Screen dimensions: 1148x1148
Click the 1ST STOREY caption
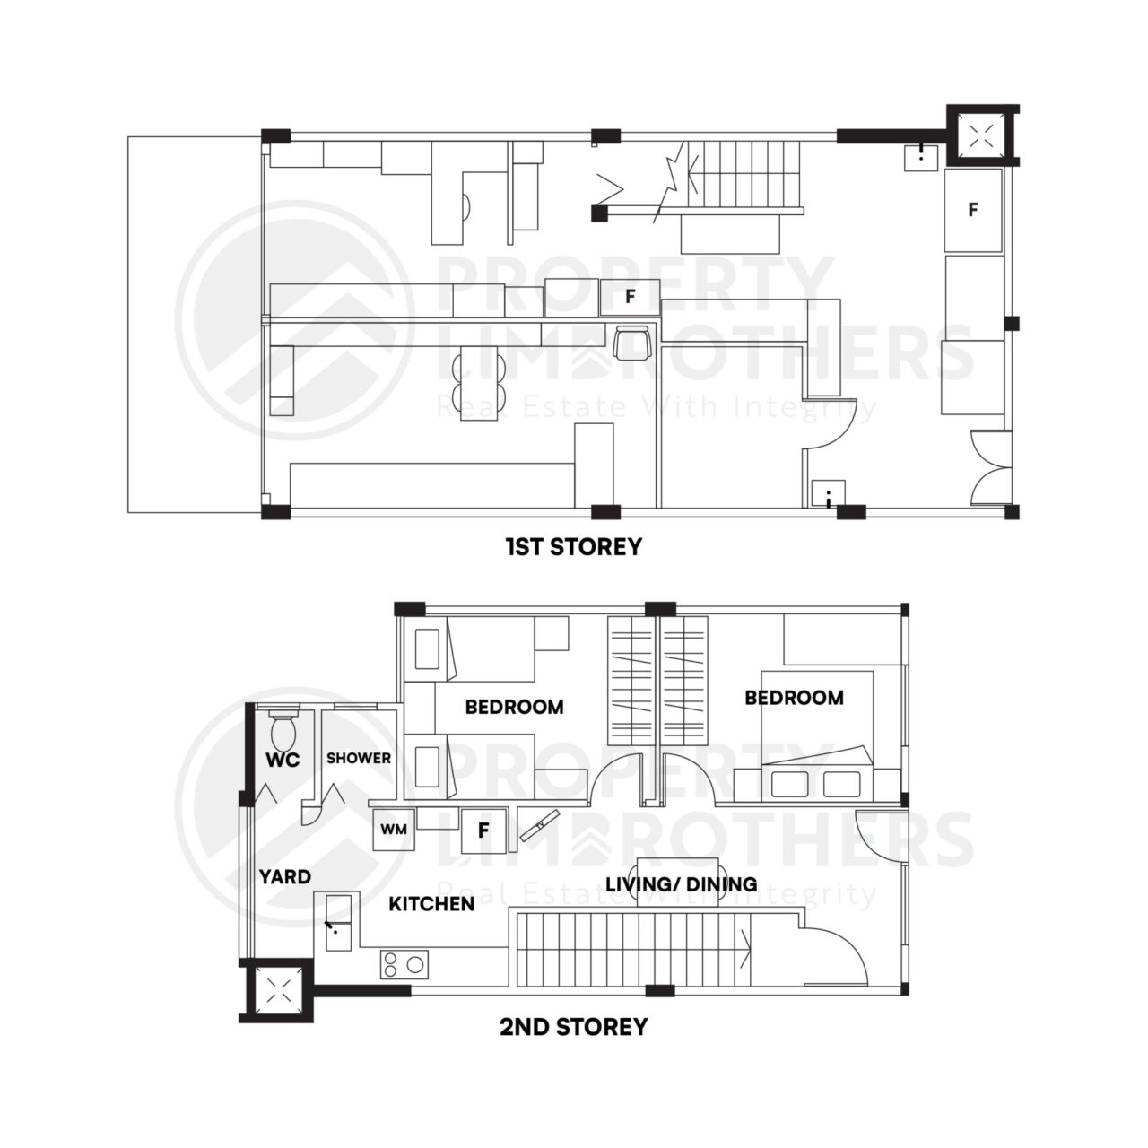tap(573, 546)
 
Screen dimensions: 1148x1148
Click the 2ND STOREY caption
tap(573, 1026)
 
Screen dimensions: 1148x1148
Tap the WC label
tap(282, 760)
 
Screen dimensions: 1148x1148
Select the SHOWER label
tap(358, 758)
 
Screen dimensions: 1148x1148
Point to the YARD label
tap(284, 876)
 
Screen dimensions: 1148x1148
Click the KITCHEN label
tap(430, 903)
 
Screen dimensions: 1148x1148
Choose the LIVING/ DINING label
tap(681, 884)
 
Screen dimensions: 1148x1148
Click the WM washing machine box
tap(394, 830)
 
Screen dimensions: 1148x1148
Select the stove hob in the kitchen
tap(404, 965)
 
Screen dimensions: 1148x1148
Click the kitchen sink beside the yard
tap(340, 923)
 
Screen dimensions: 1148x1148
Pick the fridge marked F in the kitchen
tap(483, 831)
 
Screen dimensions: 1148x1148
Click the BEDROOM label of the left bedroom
tap(514, 707)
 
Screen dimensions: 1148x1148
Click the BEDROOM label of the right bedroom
tap(794, 697)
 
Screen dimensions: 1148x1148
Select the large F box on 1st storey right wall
tap(973, 210)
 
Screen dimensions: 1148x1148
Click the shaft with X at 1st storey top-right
tap(982, 135)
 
